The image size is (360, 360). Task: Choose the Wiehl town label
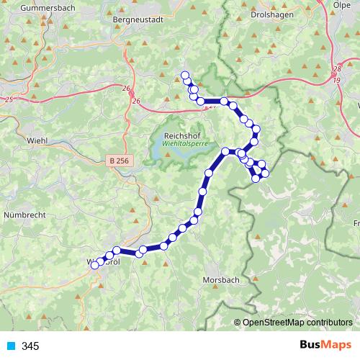click(x=36, y=140)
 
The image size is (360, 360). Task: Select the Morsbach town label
click(x=220, y=279)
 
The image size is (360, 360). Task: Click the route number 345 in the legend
click(x=30, y=346)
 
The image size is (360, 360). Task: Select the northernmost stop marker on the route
click(x=185, y=76)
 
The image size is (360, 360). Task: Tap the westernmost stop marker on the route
click(x=94, y=266)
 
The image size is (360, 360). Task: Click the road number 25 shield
click(x=8, y=98)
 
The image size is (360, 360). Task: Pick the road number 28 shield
click(x=336, y=70)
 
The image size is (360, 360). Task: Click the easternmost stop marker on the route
click(x=265, y=174)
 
